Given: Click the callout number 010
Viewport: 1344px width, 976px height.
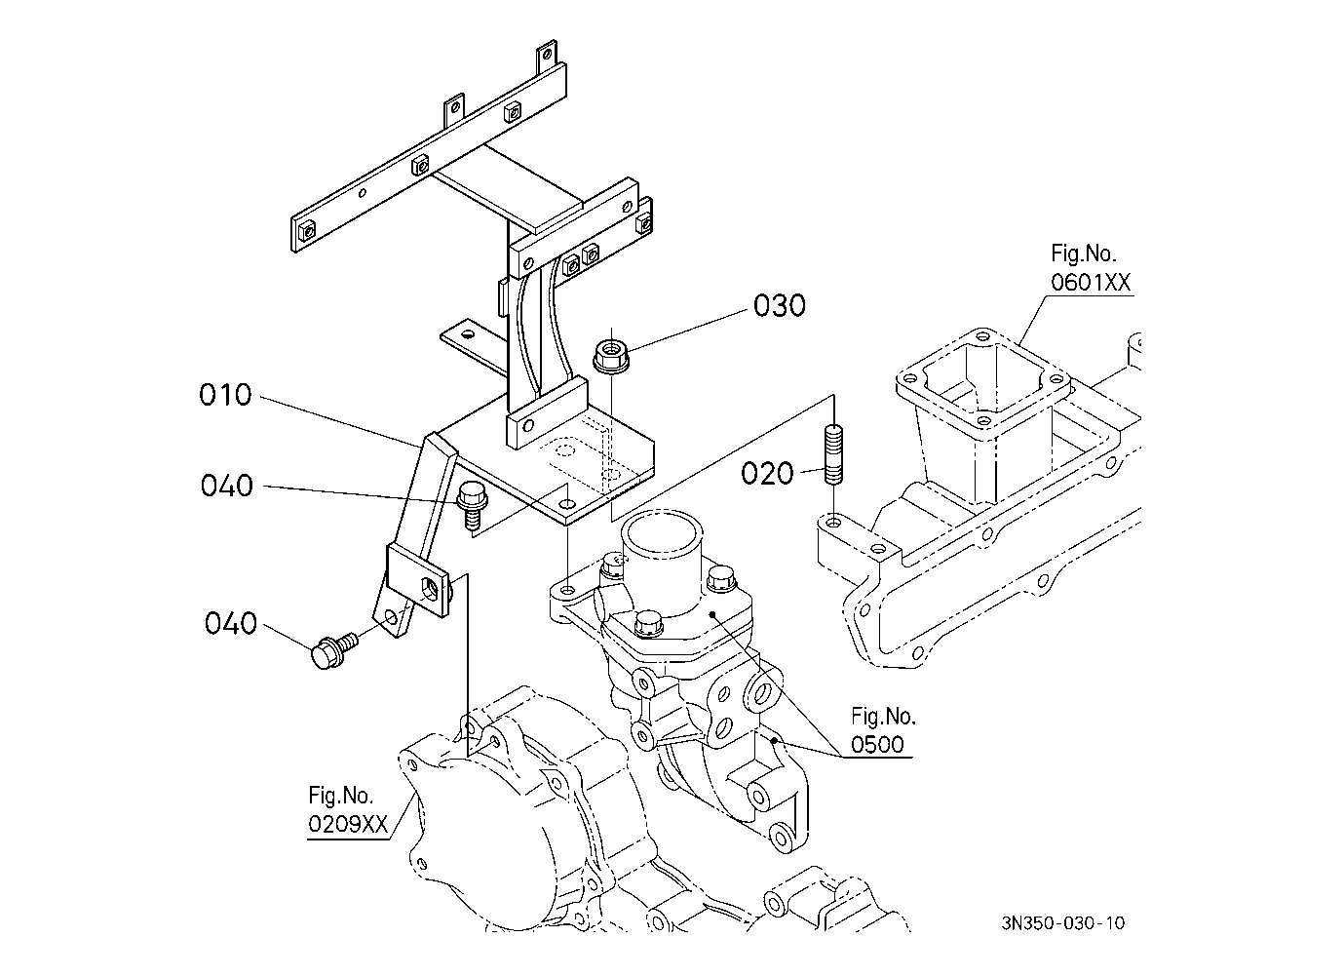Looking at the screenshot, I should [x=225, y=396].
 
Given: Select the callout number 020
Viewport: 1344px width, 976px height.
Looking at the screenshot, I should [x=767, y=474].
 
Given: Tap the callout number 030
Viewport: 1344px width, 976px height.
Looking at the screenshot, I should [x=780, y=306].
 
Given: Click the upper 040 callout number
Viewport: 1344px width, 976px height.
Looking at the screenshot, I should [x=227, y=486].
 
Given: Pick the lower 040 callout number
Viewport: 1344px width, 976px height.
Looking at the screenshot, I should [x=231, y=623].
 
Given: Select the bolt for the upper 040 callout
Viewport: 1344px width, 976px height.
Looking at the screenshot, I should [x=470, y=506].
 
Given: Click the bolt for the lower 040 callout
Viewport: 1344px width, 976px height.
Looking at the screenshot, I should [x=328, y=650].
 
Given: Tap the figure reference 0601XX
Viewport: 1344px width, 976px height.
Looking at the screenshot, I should [x=1090, y=283].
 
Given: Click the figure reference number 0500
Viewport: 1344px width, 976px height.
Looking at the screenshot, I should [x=877, y=745].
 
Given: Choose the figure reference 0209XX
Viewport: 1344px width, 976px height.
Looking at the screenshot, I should [x=348, y=824].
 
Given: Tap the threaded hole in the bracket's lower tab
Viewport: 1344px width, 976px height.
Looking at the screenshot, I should [x=428, y=587].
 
